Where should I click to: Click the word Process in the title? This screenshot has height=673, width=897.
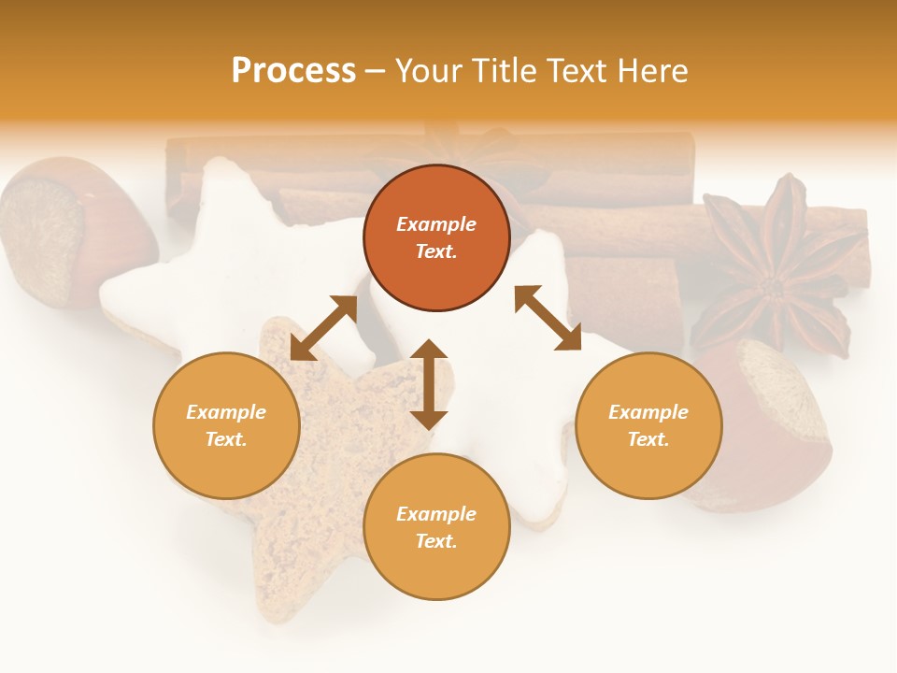[x=293, y=71]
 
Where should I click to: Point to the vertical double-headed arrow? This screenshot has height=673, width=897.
[x=429, y=384]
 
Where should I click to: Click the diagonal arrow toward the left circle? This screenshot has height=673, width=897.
[x=323, y=328]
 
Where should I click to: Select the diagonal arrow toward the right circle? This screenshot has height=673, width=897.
[x=548, y=318]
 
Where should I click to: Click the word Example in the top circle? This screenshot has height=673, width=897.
[x=436, y=224]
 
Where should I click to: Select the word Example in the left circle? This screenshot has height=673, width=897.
[x=226, y=412]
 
